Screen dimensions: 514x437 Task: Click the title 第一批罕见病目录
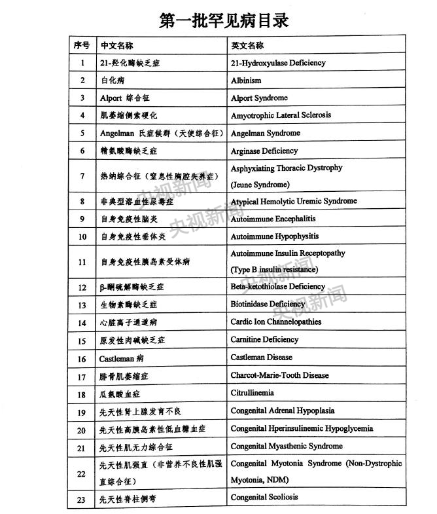click(x=224, y=20)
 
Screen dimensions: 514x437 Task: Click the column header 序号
click(x=82, y=46)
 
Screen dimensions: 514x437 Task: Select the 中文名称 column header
click(x=116, y=46)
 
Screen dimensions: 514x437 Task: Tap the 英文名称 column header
click(x=247, y=46)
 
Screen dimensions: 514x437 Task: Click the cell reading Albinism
click(x=246, y=81)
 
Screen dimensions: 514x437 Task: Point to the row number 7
click(x=82, y=176)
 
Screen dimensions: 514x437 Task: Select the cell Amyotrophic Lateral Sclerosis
click(x=281, y=115)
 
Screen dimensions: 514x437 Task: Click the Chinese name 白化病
click(x=112, y=81)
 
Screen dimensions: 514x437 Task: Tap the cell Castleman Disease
click(x=261, y=358)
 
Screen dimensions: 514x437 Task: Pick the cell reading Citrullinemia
click(x=252, y=394)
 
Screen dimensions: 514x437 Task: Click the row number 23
click(x=82, y=500)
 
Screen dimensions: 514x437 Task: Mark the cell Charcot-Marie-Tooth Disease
click(x=279, y=376)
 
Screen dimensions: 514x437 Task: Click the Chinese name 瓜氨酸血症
click(x=119, y=394)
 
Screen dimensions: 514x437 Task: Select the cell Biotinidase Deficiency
click(x=268, y=304)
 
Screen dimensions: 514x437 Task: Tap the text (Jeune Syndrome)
click(x=260, y=185)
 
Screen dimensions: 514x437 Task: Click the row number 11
click(x=82, y=262)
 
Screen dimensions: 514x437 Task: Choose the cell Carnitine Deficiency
click(x=264, y=340)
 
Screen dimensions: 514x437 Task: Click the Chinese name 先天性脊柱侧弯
click(x=128, y=500)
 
